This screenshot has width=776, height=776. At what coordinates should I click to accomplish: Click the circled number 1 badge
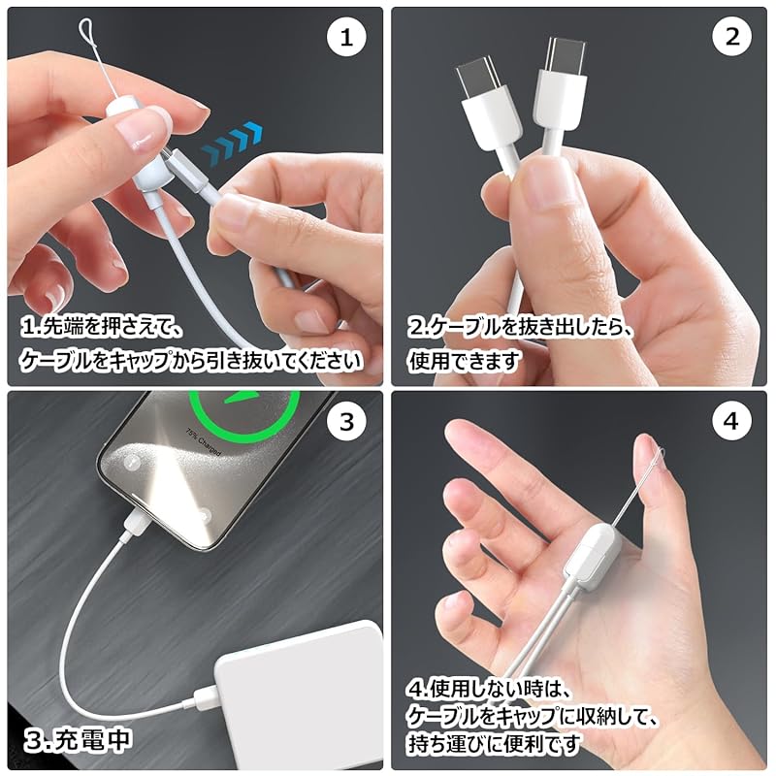[347, 39]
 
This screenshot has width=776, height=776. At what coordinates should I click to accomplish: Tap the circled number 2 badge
[731, 39]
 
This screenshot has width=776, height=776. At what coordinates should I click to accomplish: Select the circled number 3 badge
[347, 422]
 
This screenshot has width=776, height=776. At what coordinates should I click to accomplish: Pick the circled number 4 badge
[731, 422]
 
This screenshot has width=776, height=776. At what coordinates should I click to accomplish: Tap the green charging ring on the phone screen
[242, 417]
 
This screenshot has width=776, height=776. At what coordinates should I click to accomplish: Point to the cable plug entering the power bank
[206, 695]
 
